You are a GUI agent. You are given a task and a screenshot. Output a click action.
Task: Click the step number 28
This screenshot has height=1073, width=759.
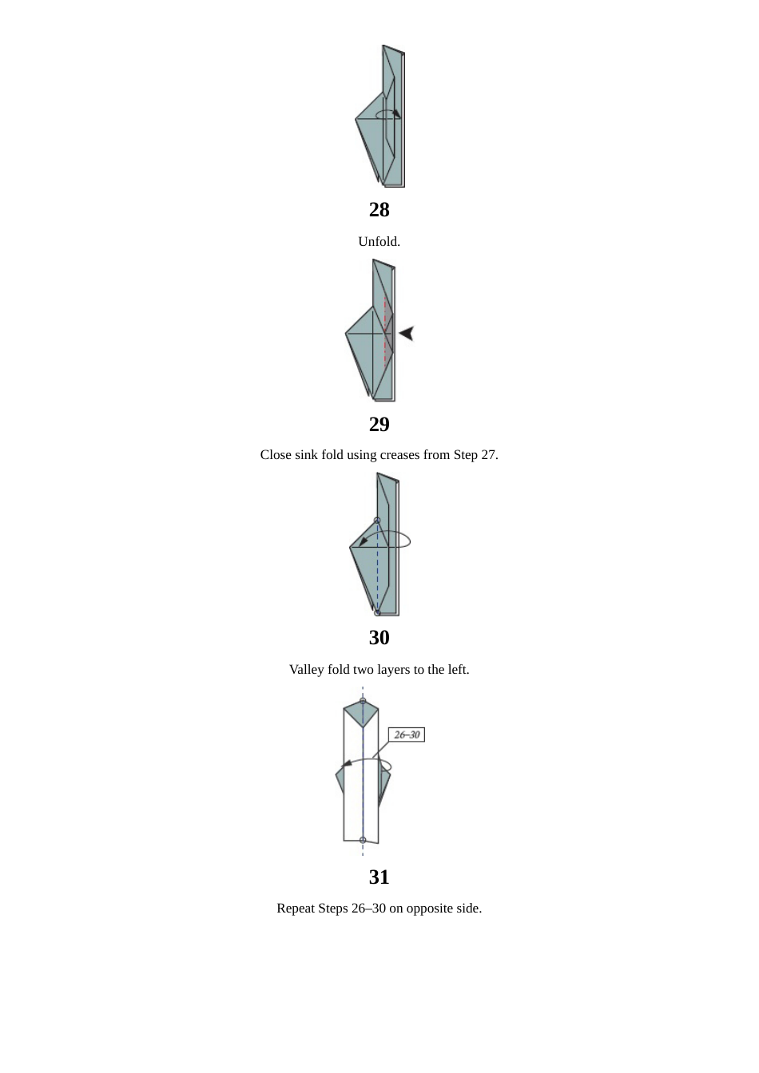click(379, 210)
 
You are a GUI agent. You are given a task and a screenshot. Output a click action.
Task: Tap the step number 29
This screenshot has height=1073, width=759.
click(379, 425)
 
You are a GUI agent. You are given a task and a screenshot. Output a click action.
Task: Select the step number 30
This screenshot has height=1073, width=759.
click(379, 638)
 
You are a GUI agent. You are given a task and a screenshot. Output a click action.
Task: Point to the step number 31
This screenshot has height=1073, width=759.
click(379, 877)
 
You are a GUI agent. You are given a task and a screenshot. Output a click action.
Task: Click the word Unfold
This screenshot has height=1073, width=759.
click(379, 242)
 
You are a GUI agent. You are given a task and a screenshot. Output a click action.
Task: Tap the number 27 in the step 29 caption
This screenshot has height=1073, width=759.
click(488, 455)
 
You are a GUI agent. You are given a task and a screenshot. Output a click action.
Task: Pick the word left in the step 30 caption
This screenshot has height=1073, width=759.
click(458, 670)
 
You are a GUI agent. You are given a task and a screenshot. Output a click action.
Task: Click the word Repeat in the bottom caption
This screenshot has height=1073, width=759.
click(296, 909)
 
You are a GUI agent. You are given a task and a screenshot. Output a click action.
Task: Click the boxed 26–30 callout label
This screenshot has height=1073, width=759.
click(407, 734)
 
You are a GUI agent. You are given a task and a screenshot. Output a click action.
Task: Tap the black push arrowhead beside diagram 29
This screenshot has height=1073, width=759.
click(407, 333)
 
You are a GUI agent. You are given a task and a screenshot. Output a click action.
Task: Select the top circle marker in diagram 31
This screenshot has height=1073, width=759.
click(363, 702)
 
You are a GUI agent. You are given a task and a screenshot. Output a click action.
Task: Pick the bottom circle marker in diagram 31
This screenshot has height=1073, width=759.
click(363, 840)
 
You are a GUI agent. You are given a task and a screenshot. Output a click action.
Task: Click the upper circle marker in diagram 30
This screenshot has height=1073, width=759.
click(377, 521)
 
